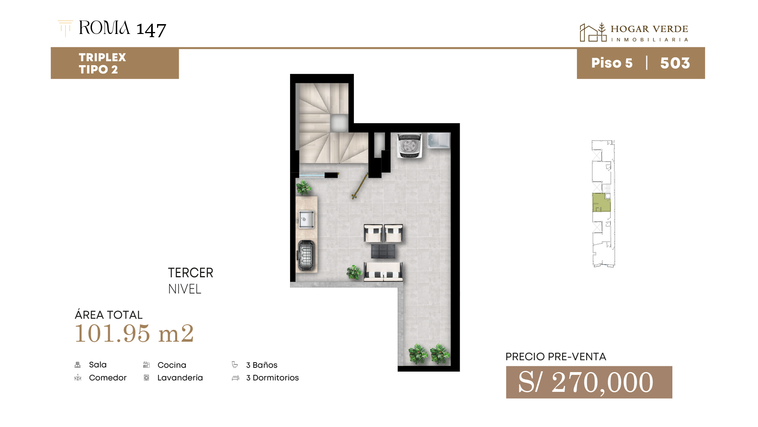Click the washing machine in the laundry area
[410, 145]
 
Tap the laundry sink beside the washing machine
[439, 141]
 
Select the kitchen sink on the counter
[306, 220]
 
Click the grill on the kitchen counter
[306, 255]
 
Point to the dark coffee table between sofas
[383, 251]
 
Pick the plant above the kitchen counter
[303, 188]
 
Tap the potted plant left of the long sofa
[354, 272]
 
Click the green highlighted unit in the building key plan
[601, 202]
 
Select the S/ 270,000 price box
[589, 382]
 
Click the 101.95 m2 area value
[134, 333]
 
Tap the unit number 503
[675, 63]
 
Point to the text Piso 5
[612, 63]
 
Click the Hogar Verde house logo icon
[593, 32]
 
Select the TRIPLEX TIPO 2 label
[102, 63]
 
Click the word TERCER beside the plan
[191, 273]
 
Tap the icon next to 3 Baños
[235, 365]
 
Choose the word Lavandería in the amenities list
[180, 378]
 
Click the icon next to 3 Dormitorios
[236, 378]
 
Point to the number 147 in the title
[151, 30]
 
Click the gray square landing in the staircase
[339, 123]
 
